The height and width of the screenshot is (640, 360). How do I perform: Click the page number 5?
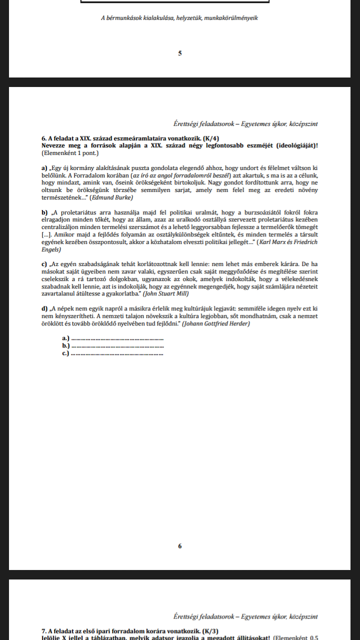coord(179,53)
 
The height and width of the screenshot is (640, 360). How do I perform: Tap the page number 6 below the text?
coord(179,546)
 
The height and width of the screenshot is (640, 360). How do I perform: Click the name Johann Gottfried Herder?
coord(216,324)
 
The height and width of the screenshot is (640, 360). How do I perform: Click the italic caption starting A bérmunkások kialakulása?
coord(179,18)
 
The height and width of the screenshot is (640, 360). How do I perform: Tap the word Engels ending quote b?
coord(51,249)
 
